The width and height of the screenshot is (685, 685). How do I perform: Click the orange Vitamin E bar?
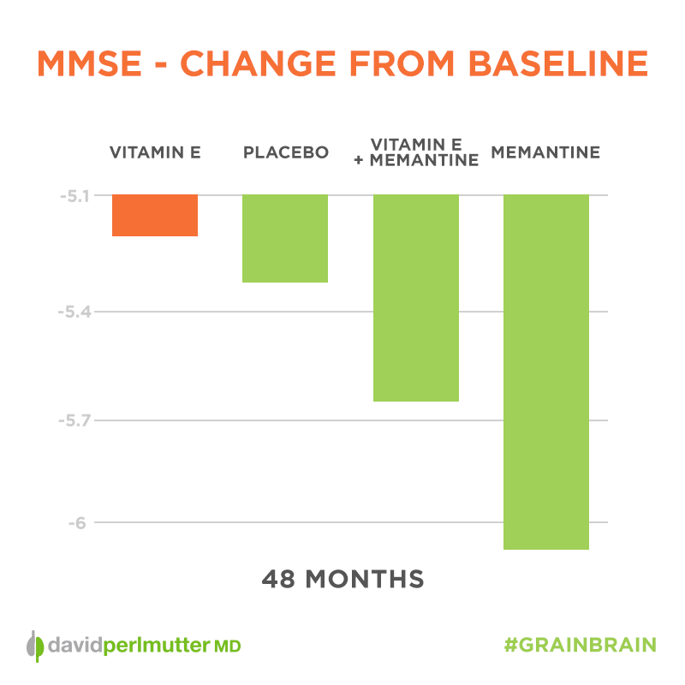(155, 215)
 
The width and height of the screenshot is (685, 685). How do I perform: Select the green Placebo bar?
(285, 238)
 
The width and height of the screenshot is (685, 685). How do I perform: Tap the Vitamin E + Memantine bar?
(415, 298)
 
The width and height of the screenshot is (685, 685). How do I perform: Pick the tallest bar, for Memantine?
(545, 372)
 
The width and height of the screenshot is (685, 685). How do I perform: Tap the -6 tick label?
(80, 522)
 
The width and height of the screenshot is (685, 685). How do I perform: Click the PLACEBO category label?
(286, 153)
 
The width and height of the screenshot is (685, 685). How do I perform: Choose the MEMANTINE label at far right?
(545, 153)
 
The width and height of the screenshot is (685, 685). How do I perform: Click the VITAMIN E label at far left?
(155, 153)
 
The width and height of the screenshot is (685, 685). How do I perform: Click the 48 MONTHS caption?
(342, 579)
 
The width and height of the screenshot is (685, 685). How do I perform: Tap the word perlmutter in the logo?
(162, 645)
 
